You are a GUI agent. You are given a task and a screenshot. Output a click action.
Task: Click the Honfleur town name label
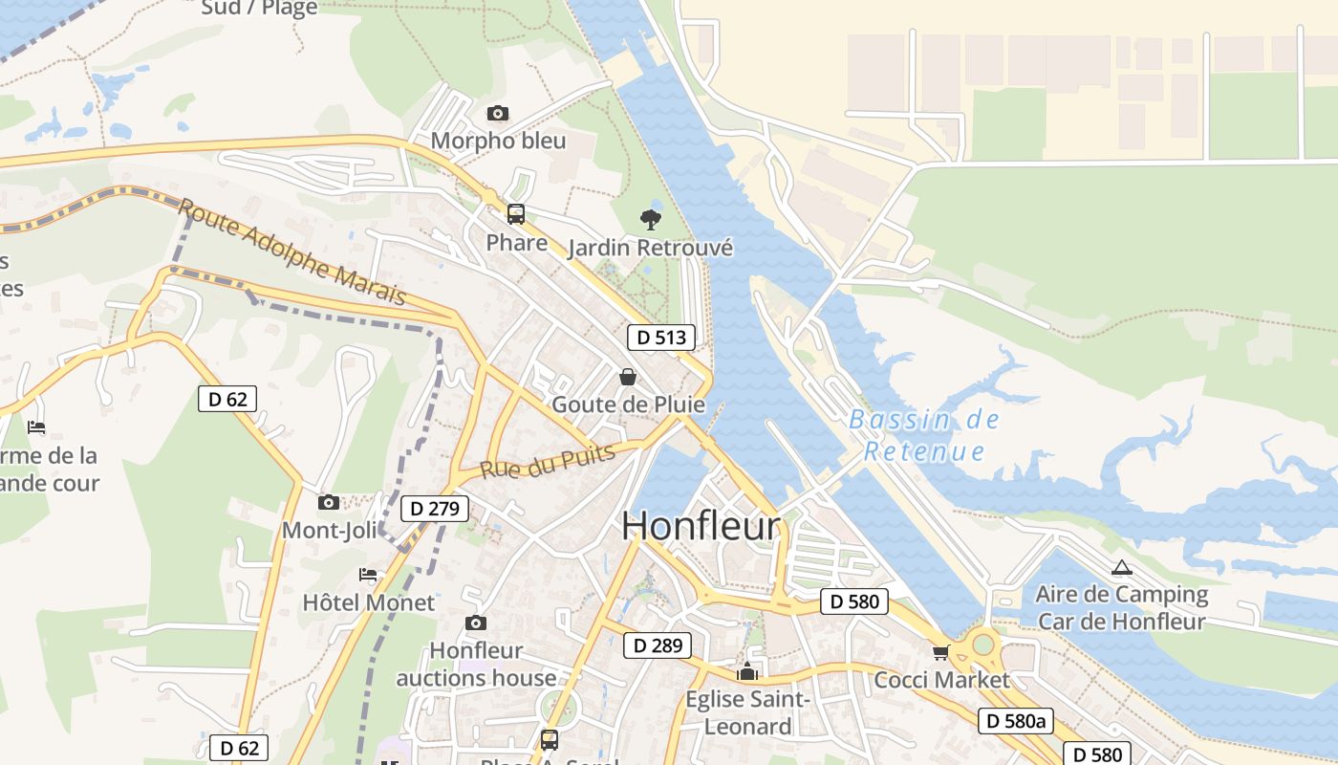coord(701,526)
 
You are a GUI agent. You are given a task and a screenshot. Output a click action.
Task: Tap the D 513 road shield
coord(661,337)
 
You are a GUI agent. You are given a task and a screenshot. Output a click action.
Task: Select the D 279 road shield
coord(435,509)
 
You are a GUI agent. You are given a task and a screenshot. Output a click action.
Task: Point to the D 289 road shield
coord(658,645)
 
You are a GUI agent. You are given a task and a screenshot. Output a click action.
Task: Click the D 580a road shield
coord(1015,721)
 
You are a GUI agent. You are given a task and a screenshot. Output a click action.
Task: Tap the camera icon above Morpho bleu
coord(497,114)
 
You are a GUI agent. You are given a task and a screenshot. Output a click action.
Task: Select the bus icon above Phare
coord(516,214)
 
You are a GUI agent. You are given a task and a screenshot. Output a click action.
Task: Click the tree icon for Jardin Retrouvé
coord(651,220)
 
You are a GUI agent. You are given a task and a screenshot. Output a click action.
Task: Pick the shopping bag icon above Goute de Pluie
coord(628,377)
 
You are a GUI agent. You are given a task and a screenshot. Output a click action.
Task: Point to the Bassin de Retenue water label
coord(923,435)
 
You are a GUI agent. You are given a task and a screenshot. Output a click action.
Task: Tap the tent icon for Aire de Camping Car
coord(1122,567)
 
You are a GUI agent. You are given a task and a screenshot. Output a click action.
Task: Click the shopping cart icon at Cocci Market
coord(940,652)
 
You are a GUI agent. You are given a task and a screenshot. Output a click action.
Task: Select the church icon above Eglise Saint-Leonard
coord(747,671)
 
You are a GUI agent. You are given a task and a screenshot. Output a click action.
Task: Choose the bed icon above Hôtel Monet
coord(368,575)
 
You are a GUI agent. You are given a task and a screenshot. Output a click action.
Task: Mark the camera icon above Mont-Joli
coord(328,502)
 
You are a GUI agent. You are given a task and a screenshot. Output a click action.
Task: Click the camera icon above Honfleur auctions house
coord(475,623)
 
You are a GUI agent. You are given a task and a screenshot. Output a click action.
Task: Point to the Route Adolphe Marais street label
coord(292,251)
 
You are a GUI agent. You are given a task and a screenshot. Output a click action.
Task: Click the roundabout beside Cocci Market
coord(983,645)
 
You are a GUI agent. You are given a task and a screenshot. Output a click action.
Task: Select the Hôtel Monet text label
coord(368,602)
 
